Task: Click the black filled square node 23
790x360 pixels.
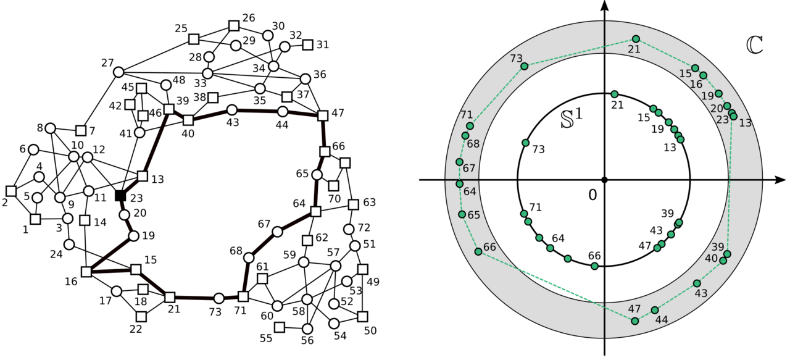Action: coord(120,196)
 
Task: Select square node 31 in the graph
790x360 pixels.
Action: coord(307,44)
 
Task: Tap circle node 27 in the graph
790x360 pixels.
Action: coord(118,72)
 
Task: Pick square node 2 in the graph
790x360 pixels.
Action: coord(10,191)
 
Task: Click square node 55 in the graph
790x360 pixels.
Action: coord(280,327)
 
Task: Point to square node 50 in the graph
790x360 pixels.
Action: coord(362,316)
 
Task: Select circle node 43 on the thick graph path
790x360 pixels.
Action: coord(232,110)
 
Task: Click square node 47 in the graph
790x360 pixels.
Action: coord(322,115)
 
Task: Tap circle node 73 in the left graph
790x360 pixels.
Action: coord(218,298)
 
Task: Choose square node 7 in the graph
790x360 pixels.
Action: coord(80,130)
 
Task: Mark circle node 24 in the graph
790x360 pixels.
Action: coord(69,245)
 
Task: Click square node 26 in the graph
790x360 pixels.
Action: coord(233,25)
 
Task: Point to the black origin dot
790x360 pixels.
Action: coord(605,180)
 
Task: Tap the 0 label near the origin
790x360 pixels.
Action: coord(592,195)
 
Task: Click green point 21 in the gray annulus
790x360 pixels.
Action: coord(636,39)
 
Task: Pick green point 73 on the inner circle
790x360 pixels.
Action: coord(525,143)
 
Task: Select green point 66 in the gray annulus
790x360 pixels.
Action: coord(478,251)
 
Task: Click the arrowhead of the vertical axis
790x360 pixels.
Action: coord(605,6)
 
